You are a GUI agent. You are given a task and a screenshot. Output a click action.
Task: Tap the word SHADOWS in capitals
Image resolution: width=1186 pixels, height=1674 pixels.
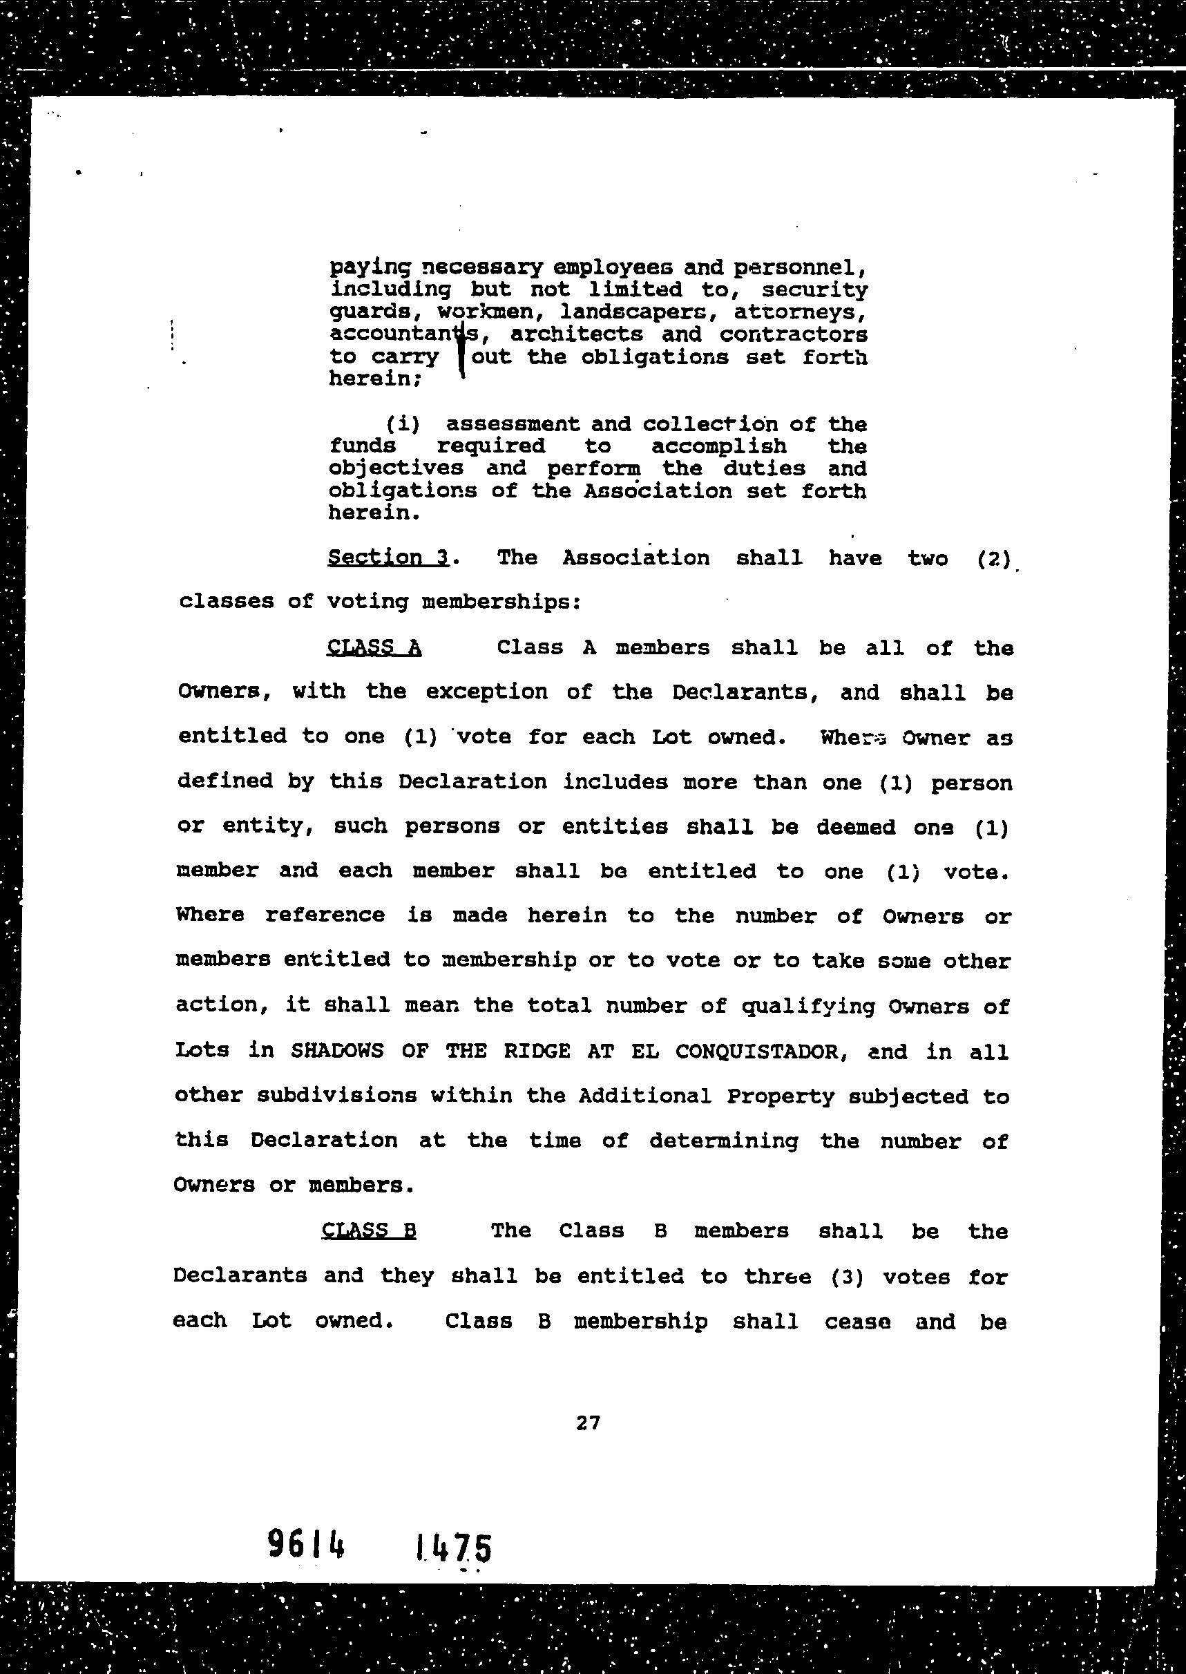click(x=337, y=1052)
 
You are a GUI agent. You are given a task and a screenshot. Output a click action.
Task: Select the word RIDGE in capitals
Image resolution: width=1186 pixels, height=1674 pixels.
click(x=537, y=1052)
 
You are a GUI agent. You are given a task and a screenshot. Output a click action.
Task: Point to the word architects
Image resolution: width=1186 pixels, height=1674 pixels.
click(x=577, y=334)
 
